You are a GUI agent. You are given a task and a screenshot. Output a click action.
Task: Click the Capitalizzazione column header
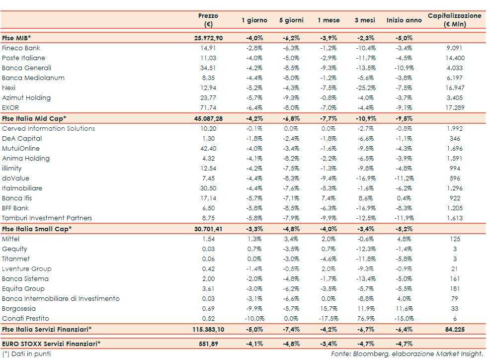tap(454, 20)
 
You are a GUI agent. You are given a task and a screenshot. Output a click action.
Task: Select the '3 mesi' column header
tap(365, 20)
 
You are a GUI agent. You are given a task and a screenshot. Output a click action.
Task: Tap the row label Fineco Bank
tap(21, 48)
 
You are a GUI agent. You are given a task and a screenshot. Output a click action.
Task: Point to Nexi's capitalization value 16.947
tap(454, 88)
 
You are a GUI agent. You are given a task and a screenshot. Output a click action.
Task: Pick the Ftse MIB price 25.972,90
tap(208, 38)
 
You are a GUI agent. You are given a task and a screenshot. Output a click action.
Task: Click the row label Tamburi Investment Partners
tap(47, 218)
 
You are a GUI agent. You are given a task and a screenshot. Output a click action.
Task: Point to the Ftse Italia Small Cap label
tap(37, 229)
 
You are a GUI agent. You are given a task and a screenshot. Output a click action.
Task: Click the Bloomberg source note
tap(407, 354)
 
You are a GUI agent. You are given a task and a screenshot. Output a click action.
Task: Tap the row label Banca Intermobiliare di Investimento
tap(61, 299)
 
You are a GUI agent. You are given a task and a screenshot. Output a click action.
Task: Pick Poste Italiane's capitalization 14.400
tap(454, 58)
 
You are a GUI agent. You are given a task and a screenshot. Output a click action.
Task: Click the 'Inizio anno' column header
tap(404, 20)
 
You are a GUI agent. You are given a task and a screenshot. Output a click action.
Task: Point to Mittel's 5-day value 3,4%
tap(291, 239)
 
